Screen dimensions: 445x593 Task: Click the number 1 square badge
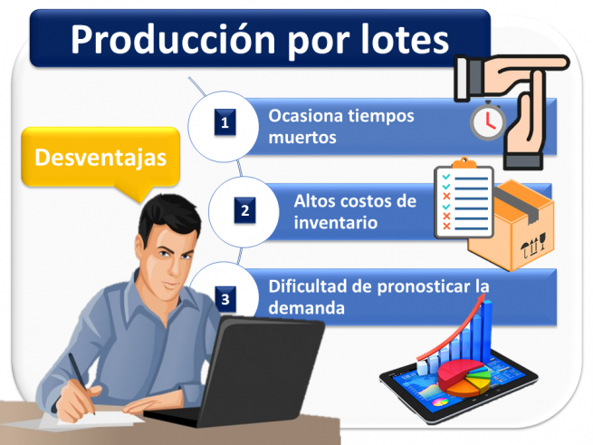click(225, 123)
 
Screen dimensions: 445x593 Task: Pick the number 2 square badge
click(244, 211)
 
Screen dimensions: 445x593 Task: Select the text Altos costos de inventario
click(355, 211)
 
